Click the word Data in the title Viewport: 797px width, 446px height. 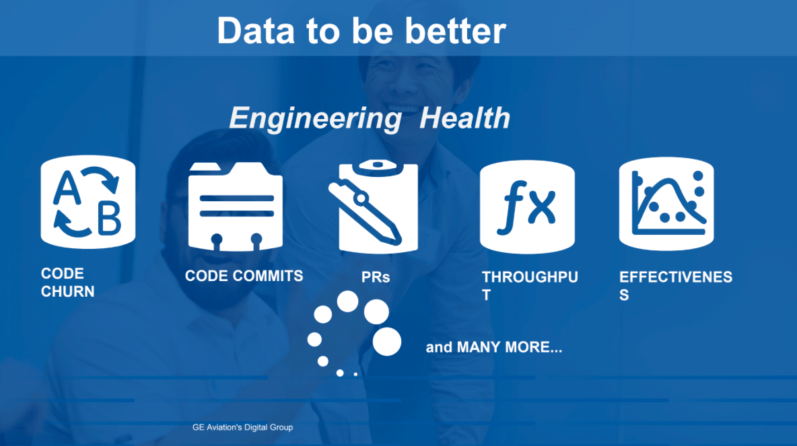pos(256,31)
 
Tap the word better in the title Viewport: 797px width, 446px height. pos(456,31)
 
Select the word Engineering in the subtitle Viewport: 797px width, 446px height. pos(315,119)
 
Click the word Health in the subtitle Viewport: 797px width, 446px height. pos(464,118)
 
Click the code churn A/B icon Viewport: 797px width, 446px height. pos(88,202)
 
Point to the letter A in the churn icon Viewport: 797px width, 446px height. pos(67,187)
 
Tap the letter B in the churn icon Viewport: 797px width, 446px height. pos(109,218)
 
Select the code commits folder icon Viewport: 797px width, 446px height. pos(236,207)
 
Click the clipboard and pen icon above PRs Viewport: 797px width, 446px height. pos(374,207)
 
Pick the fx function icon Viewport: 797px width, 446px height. pos(527,207)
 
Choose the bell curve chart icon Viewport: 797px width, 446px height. pos(666,204)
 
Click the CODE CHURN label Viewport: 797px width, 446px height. pos(67,283)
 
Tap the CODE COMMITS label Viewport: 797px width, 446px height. pos(244,276)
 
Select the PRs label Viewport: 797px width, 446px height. pos(376,277)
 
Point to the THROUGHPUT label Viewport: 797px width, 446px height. pos(530,286)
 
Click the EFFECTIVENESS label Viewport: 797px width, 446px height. pos(676,286)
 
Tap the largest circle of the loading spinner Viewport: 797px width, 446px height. pos(387,341)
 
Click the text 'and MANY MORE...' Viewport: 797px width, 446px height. pos(494,348)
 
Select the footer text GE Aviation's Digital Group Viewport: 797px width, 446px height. pos(242,428)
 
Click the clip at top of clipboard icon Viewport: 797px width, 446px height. pos(378,167)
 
